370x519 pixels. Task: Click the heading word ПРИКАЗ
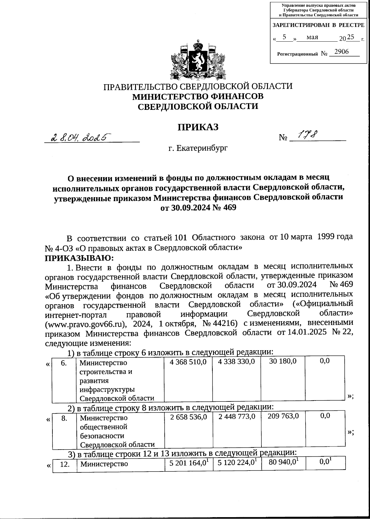pyautogui.click(x=198, y=127)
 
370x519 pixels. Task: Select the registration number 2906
pyautogui.click(x=341, y=52)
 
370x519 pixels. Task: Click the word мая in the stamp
pyautogui.click(x=312, y=37)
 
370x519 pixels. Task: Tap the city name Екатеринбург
pyautogui.click(x=198, y=148)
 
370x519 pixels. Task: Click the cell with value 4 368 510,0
pyautogui.click(x=188, y=361)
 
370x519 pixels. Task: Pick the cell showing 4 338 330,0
pyautogui.click(x=236, y=361)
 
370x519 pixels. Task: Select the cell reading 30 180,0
pyautogui.click(x=283, y=361)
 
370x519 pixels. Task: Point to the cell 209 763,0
pyautogui.click(x=283, y=416)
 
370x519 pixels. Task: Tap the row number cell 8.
pyautogui.click(x=64, y=418)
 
